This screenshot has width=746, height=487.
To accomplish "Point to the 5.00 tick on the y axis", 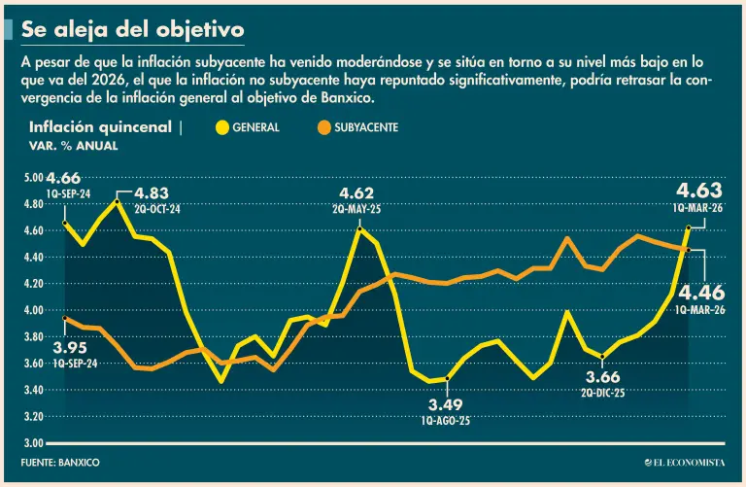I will pos(33,178).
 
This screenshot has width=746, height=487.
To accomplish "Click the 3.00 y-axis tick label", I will pos(33,443).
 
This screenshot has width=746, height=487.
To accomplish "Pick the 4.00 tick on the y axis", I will pos(33,310).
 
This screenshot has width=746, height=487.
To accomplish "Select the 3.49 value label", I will pos(447,404).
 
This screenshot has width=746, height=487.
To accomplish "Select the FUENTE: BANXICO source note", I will pos(60,462).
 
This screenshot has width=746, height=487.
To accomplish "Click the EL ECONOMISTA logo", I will pos(682,462).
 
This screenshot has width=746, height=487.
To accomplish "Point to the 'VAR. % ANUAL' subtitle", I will pos(74,145).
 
